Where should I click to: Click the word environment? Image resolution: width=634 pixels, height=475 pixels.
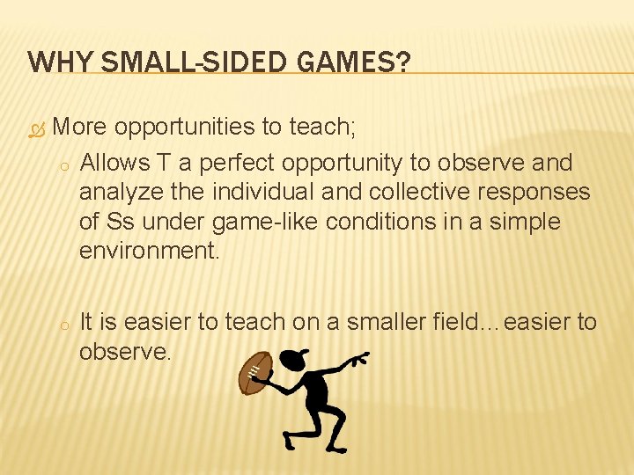(x=148, y=251)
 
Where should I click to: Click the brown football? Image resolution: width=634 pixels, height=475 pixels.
(x=255, y=372)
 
